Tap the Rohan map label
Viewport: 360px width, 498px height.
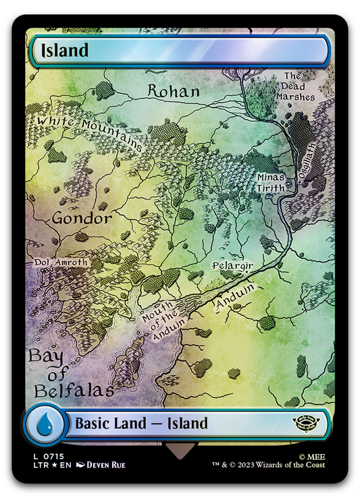174,90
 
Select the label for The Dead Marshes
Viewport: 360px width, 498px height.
299,86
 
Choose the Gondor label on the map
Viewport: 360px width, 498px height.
82,219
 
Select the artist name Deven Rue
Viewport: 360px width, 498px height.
104,464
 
